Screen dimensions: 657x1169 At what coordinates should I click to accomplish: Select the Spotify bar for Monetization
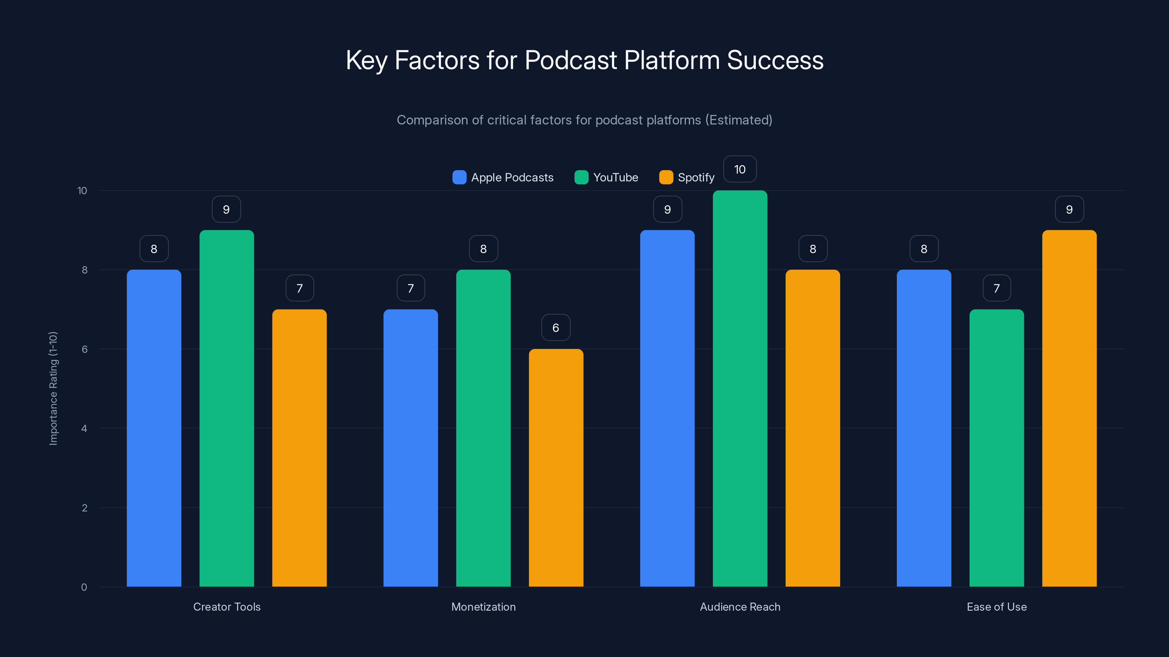[x=556, y=468]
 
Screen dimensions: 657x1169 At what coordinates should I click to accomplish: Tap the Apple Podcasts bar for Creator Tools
[x=154, y=428]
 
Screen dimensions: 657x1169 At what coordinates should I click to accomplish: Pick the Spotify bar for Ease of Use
[x=1069, y=408]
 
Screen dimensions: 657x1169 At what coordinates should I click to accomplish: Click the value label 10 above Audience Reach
[x=740, y=169]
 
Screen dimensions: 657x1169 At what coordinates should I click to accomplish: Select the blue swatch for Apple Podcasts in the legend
[x=459, y=177]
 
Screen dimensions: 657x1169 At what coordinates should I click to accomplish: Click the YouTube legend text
[x=615, y=177]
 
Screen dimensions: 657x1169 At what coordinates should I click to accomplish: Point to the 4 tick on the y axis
[x=84, y=429]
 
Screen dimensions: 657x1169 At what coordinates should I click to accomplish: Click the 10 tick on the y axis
[x=82, y=191]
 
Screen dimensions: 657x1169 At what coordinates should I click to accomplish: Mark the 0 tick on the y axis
[x=84, y=587]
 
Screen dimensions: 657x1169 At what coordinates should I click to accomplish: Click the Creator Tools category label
[x=227, y=607]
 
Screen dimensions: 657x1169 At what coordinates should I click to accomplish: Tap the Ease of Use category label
[x=997, y=607]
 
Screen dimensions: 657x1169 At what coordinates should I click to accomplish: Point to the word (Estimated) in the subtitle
[x=738, y=120]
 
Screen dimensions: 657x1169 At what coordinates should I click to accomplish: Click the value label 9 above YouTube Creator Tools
[x=226, y=209]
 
